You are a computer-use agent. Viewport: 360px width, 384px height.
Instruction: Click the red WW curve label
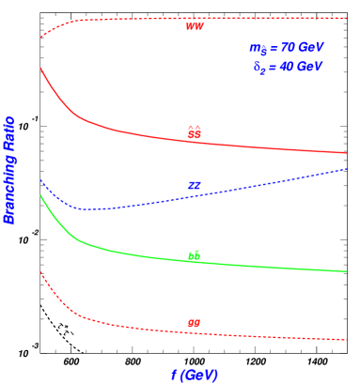[x=195, y=26]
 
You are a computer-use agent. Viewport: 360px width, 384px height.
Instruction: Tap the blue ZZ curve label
[x=195, y=186]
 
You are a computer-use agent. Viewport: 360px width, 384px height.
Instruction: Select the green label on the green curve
[x=195, y=254]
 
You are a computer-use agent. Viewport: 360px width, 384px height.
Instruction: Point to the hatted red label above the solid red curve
[x=195, y=132]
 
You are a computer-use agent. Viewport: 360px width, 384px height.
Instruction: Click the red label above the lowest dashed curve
[x=194, y=324]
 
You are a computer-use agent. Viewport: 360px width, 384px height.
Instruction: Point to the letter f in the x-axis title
[x=174, y=375]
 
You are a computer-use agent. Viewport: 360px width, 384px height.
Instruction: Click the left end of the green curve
[x=40, y=195]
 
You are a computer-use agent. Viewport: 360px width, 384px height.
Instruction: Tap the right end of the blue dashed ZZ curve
[x=348, y=168]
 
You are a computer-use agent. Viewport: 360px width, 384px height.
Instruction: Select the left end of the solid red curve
[x=40, y=68]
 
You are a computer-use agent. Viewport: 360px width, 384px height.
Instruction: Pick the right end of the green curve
[x=348, y=271]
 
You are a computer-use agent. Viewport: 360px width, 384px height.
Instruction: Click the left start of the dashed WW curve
[x=40, y=38]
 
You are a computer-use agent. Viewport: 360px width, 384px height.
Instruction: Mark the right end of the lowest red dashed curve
[x=348, y=340]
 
